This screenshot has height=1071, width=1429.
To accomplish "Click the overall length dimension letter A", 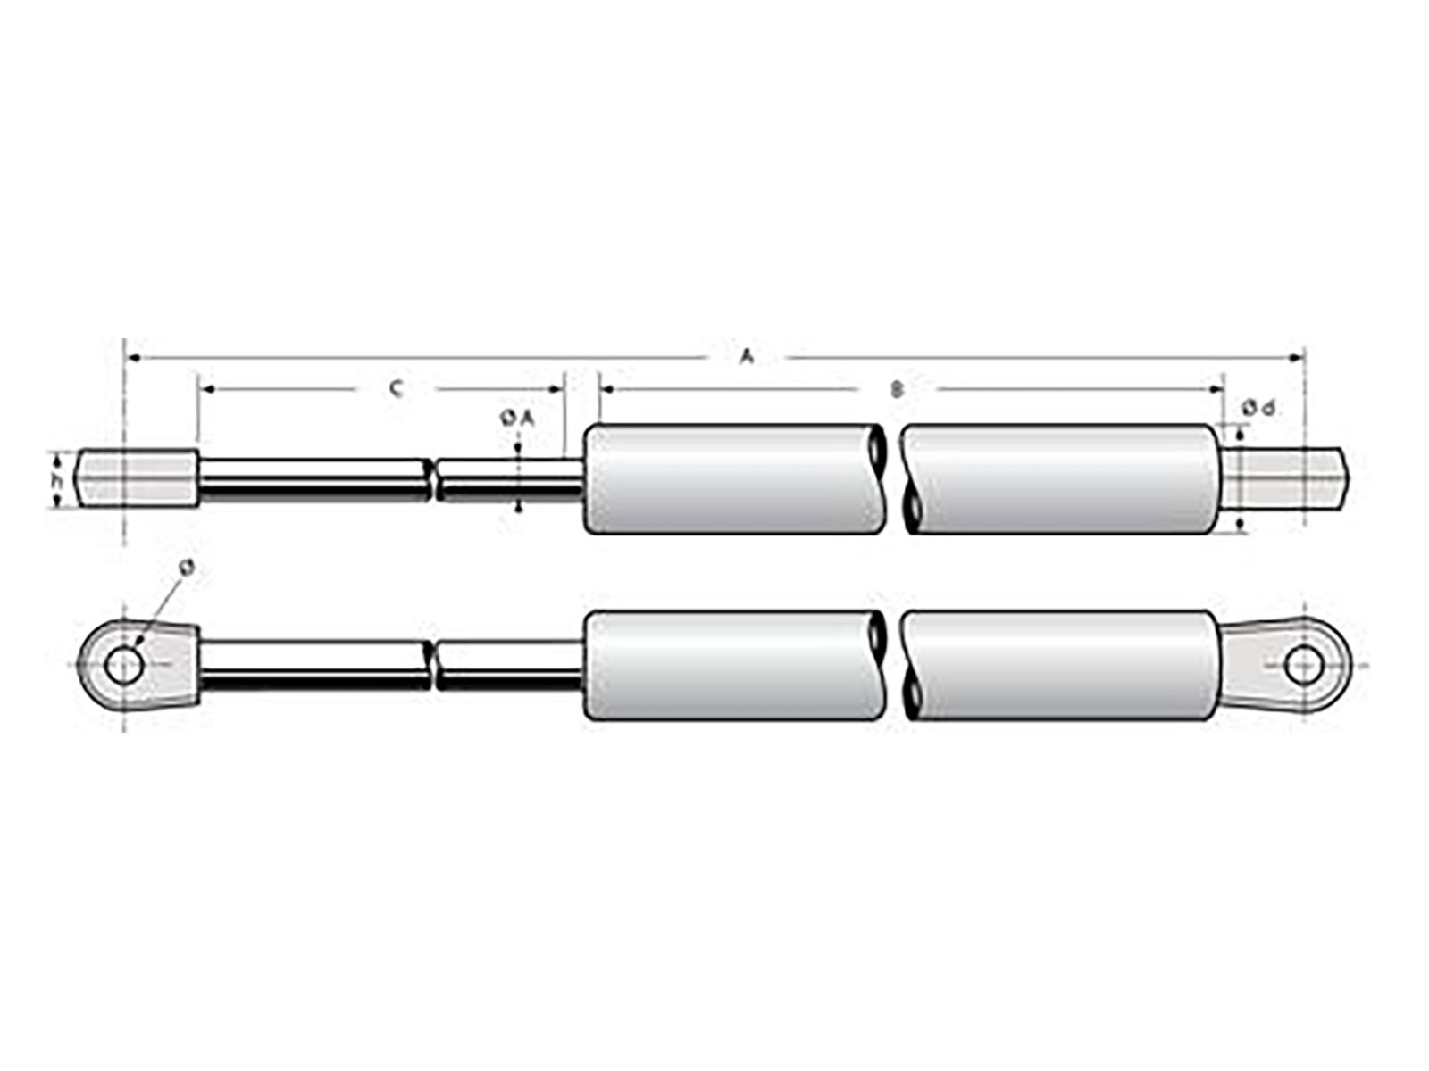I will coord(747,357).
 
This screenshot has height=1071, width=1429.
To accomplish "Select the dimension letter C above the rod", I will coord(397,388).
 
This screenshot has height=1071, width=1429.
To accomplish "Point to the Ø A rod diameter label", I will coord(516,416).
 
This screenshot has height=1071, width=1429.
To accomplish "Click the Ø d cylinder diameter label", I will coord(1258,409).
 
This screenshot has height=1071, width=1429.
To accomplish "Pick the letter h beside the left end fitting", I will coord(55,480).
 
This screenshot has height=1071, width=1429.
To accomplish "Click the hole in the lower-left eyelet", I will coord(124,665).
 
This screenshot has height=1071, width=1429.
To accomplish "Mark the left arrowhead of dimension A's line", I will coord(131,358).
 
